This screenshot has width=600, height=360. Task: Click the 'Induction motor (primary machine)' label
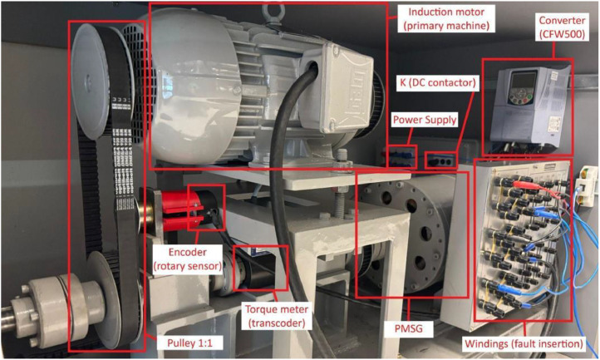(x=446, y=19)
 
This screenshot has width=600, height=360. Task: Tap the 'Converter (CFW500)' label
(x=562, y=27)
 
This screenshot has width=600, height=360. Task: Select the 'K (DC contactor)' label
(x=438, y=82)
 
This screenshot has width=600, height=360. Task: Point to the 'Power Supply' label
(x=425, y=120)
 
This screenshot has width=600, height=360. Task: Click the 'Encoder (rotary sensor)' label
(x=188, y=259)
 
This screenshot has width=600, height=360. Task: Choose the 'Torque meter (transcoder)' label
(x=277, y=316)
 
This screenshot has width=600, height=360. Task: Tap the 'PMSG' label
(x=409, y=328)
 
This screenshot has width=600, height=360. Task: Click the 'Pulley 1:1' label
(x=189, y=343)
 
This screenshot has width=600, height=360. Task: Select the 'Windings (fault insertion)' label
(x=524, y=343)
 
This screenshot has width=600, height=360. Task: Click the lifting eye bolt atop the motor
(x=272, y=12)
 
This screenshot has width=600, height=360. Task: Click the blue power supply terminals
(x=401, y=156)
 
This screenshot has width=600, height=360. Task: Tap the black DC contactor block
(x=441, y=160)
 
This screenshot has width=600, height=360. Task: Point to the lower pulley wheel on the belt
(x=109, y=291)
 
